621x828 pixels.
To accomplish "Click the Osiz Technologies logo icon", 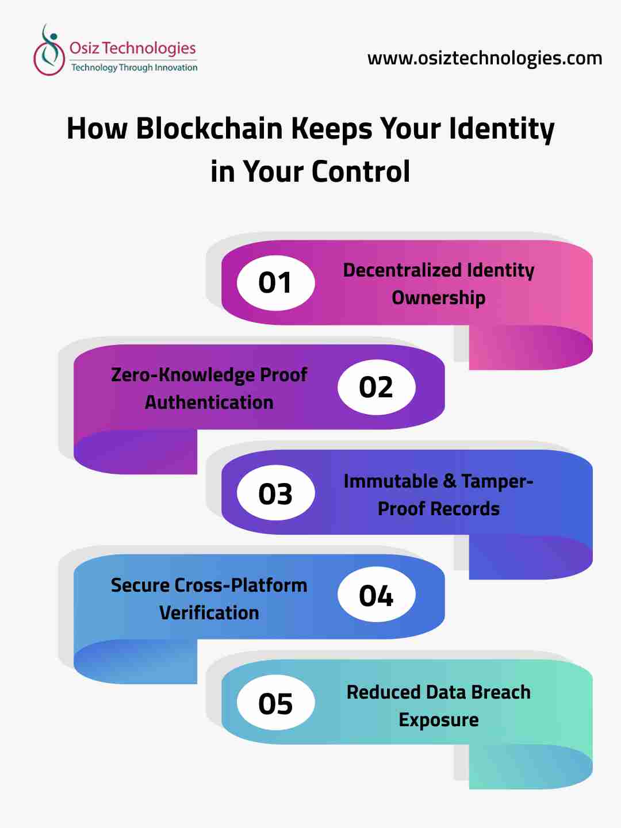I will [49, 51].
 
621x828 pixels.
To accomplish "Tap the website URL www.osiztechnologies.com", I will [484, 58].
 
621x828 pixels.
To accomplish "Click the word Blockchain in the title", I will [209, 128].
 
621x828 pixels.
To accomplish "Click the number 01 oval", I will [275, 282].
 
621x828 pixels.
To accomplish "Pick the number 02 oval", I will [376, 387].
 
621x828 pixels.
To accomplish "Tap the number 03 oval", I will [275, 493].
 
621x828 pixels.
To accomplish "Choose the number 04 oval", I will [376, 595].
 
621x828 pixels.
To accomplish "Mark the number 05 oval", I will [275, 703].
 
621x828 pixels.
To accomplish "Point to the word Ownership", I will [438, 298].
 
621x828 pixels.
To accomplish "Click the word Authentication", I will [209, 402].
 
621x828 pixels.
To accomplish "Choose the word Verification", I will [209, 612].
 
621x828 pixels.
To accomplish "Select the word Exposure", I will [438, 719].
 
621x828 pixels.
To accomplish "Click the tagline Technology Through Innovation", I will [134, 67].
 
